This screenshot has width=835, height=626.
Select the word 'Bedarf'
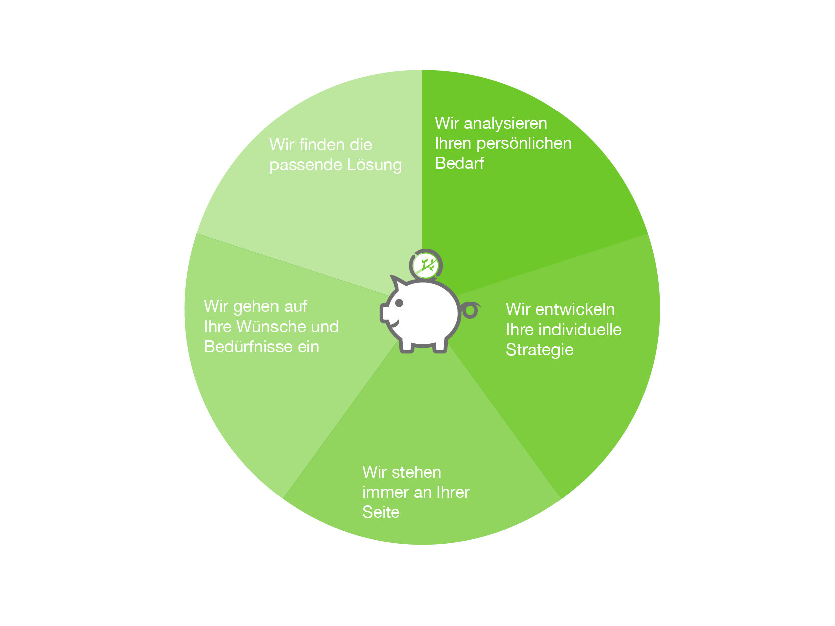pyautogui.click(x=459, y=163)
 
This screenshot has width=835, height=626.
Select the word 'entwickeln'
pyautogui.click(x=575, y=309)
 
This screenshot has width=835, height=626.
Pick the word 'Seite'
pyautogui.click(x=380, y=512)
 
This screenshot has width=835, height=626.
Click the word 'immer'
pyautogui.click(x=385, y=492)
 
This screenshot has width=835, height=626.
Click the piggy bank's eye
pyautogui.click(x=399, y=303)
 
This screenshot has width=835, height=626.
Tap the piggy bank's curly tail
pyautogui.click(x=470, y=309)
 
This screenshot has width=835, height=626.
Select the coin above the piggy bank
pyautogui.click(x=426, y=265)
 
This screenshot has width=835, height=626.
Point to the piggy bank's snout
pyautogui.click(x=385, y=313)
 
